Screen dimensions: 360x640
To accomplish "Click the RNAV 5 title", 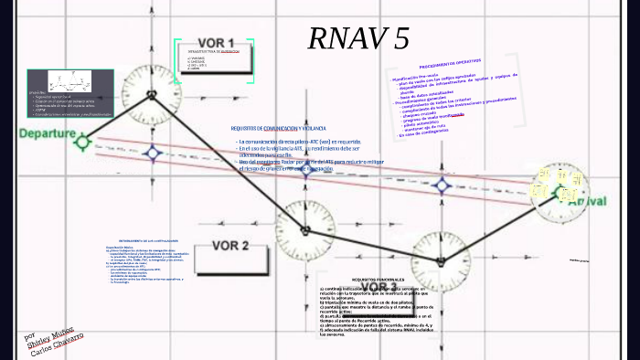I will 358,38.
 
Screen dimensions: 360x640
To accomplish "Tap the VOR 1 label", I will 217,43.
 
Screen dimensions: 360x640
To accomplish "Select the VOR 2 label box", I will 230,245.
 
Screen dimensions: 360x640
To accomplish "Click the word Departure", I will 47,133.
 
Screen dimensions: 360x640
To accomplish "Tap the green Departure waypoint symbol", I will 83,141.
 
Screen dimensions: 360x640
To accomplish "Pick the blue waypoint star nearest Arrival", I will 443,185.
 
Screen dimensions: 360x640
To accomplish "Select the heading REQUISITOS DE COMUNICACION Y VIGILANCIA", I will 279,129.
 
